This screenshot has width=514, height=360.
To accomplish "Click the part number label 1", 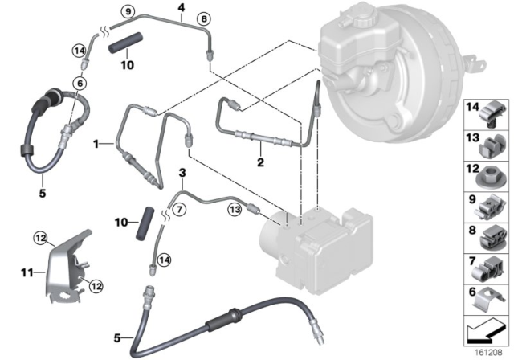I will (x=96, y=145).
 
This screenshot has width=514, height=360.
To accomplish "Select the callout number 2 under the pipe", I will (x=260, y=162).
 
